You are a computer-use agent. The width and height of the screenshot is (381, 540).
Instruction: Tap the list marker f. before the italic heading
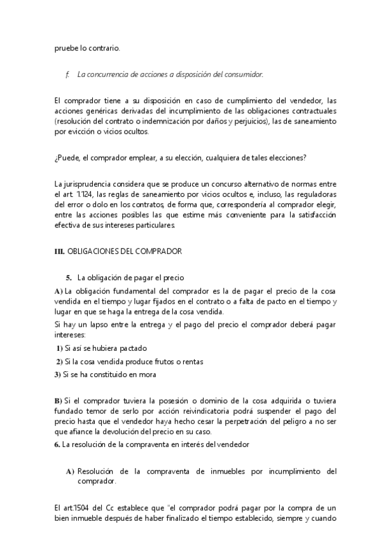(x=68, y=75)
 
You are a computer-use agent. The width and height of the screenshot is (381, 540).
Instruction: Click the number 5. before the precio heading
(x=69, y=278)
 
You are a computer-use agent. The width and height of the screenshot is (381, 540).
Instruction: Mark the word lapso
(x=100, y=325)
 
